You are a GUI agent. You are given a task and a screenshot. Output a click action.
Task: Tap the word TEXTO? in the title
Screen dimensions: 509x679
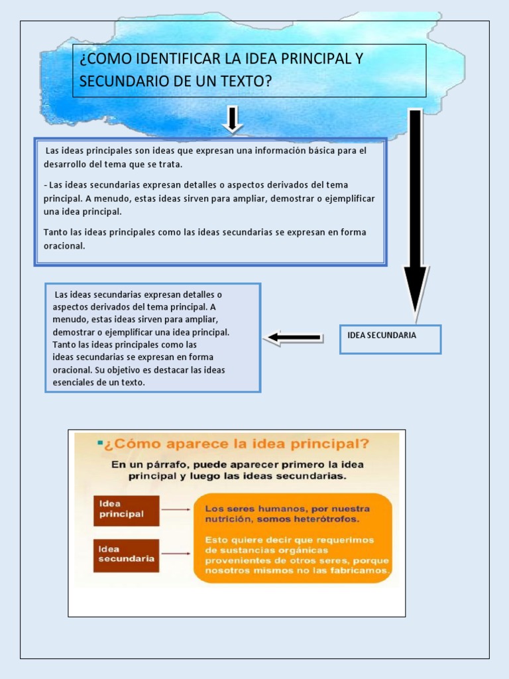click(x=249, y=82)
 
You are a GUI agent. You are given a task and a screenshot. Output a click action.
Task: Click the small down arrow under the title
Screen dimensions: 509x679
click(x=231, y=119)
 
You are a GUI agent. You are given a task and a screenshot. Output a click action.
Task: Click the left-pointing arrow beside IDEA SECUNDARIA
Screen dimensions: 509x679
click(x=294, y=338)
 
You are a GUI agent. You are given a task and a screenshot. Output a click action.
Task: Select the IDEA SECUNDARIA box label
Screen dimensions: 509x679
click(x=382, y=336)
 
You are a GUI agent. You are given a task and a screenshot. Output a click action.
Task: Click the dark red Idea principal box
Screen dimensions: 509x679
click(x=126, y=510)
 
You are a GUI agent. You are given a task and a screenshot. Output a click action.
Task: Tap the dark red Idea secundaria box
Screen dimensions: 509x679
click(x=126, y=554)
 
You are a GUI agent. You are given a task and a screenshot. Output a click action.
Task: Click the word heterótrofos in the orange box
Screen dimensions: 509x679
click(x=325, y=519)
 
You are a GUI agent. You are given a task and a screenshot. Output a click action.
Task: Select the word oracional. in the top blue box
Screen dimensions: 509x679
click(x=64, y=246)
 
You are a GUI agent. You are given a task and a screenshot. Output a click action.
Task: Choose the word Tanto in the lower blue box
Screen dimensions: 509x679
click(x=64, y=345)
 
